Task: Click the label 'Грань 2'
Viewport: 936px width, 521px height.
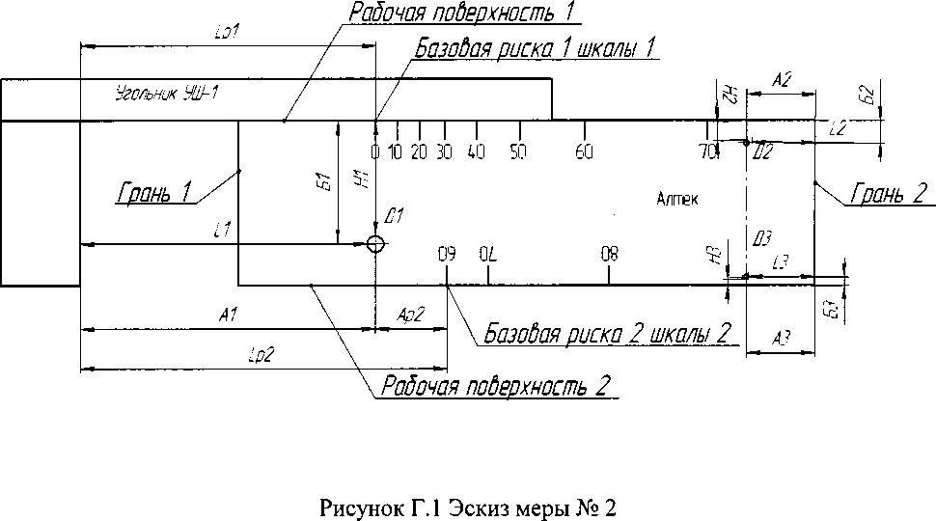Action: coord(889,194)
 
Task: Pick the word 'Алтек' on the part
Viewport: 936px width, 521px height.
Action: coord(674,199)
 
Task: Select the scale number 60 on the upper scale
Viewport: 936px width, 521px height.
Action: coord(584,151)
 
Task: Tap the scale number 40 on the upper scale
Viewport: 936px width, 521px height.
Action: coord(475,151)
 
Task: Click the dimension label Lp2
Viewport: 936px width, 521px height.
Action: coord(262,354)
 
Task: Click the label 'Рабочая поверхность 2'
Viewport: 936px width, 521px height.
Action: coord(496,387)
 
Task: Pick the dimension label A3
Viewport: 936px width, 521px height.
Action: coord(783,337)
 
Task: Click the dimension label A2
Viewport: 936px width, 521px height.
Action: coord(783,81)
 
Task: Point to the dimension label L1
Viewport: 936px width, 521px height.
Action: coord(221,230)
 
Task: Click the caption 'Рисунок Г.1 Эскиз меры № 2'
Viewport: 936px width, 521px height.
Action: coord(467,507)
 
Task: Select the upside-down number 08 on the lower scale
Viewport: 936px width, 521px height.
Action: coord(609,256)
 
